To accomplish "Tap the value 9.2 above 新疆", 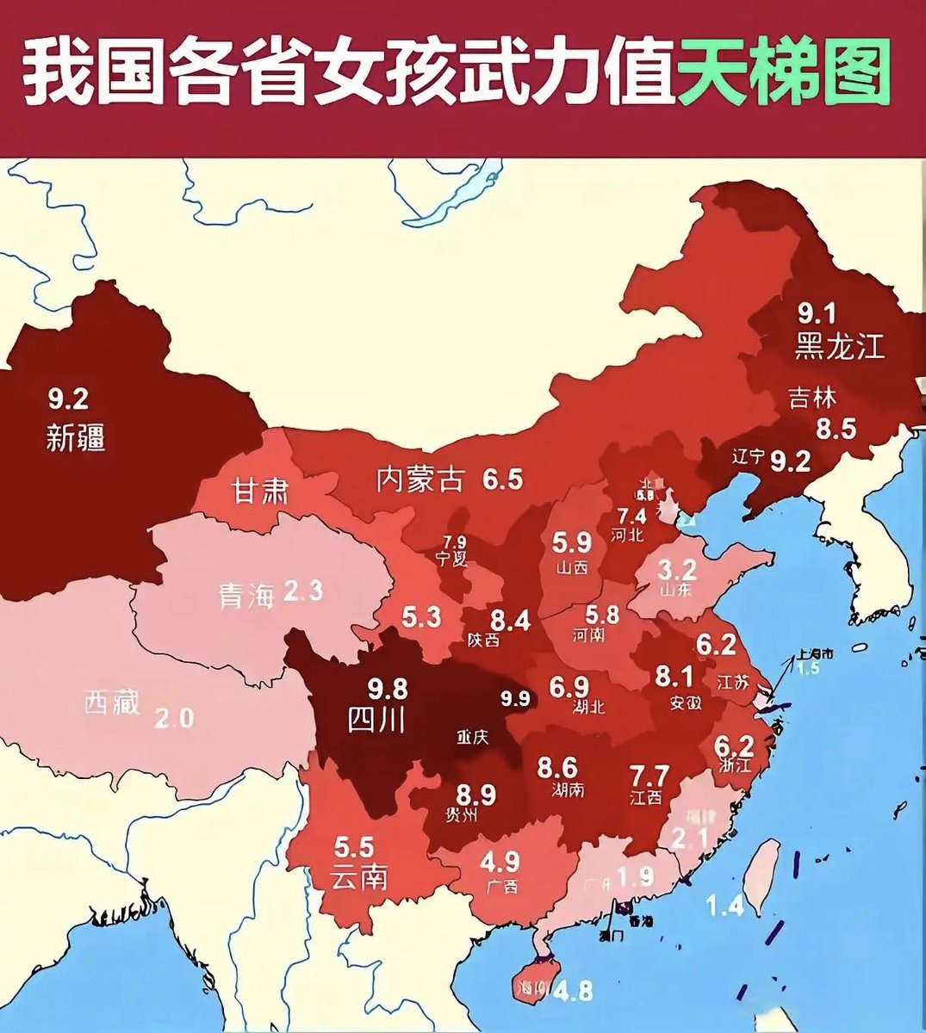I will pos(68,399).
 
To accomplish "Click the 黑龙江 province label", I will pos(839,346).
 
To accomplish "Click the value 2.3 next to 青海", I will pos(302,591).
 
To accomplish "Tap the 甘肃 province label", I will pos(259,492).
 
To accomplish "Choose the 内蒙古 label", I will pos(419,479).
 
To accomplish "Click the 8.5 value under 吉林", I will pos(836,428).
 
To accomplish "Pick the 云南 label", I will pos(357,877).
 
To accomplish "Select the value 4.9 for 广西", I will pos(500,861).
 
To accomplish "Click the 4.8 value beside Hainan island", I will pos(573,991).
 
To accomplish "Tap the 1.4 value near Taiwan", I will pos(724,905).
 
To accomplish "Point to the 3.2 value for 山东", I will pos(676,569).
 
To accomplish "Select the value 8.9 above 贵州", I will pos(475,794).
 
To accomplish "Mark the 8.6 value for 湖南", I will pos(557,765).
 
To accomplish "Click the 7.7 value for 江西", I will pos(649,773).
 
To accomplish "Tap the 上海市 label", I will pos(813,653).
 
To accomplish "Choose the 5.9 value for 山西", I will pos(572,543).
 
